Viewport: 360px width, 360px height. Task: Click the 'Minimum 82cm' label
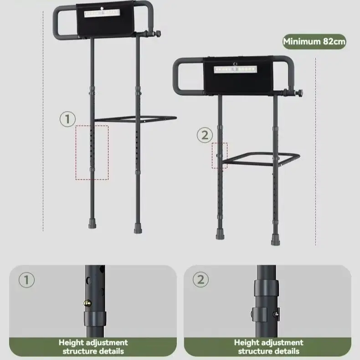tap(314, 41)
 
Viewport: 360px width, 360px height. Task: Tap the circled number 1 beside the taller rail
tap(67, 119)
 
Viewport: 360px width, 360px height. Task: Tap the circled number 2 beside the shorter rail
tap(205, 135)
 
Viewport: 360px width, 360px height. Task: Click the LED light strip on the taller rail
tap(103, 13)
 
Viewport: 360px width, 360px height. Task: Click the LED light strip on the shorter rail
tap(235, 69)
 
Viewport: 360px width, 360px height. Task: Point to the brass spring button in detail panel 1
tap(87, 303)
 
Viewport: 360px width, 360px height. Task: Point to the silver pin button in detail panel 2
tap(276, 314)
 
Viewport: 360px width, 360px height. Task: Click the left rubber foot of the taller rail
tap(93, 223)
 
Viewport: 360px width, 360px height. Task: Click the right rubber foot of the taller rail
tap(138, 228)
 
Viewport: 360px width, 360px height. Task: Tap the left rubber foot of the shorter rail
tap(220, 234)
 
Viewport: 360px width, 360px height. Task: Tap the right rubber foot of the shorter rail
tap(275, 240)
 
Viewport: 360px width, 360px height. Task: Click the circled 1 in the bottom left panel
tap(26, 280)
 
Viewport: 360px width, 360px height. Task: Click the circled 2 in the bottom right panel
tap(201, 279)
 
